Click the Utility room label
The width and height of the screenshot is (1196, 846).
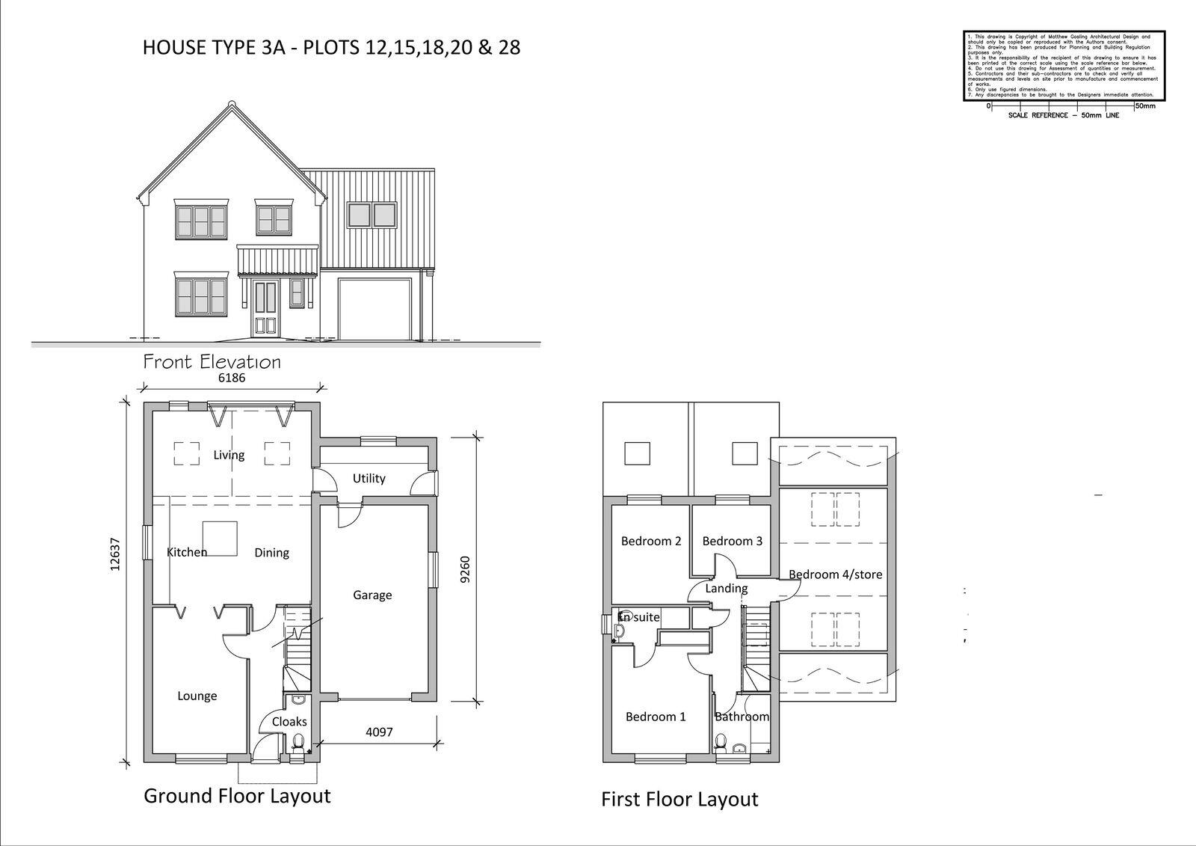369,479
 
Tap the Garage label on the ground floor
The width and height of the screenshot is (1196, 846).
372,595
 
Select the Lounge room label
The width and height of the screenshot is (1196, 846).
197,696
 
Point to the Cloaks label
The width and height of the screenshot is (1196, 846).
289,722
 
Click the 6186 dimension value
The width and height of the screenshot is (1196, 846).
231,378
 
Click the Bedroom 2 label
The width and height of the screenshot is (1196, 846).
651,541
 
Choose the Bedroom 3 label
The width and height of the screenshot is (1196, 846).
733,541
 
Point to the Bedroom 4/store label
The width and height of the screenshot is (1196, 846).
836,574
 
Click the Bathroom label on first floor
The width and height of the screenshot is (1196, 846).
742,717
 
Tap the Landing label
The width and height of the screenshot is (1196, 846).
727,589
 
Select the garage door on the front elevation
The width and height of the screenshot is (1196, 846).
374,310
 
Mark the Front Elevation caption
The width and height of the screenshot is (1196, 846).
212,363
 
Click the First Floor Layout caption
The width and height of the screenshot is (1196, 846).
679,800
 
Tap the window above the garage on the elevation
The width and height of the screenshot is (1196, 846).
372,214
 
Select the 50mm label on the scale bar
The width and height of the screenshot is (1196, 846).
1145,106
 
